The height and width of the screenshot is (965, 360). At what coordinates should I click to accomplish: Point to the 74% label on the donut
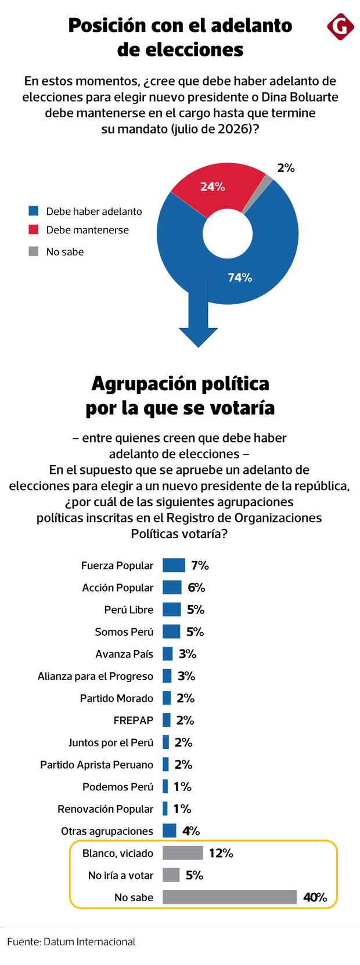(x=240, y=278)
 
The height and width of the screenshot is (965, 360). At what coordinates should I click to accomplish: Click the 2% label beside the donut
(x=286, y=168)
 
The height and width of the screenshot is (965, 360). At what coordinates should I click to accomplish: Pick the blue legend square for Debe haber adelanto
(x=34, y=211)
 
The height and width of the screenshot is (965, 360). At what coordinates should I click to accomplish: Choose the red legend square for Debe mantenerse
(x=34, y=230)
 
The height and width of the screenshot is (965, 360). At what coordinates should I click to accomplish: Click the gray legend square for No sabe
(x=34, y=251)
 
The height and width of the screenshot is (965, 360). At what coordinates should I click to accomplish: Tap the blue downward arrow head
(x=198, y=337)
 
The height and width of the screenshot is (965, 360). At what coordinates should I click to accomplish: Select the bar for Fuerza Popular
(x=174, y=565)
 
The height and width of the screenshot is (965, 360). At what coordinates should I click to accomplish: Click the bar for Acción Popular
(x=172, y=587)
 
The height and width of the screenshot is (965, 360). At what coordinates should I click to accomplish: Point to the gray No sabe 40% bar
(x=229, y=897)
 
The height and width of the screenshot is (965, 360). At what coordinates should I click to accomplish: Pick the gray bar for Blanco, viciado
(x=182, y=853)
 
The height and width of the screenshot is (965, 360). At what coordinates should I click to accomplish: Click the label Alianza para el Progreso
(x=95, y=676)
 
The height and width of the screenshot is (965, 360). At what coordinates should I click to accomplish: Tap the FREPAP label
(x=134, y=720)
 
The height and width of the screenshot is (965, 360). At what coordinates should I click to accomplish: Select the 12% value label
(x=221, y=853)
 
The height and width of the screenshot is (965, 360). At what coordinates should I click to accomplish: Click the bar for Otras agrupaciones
(x=169, y=831)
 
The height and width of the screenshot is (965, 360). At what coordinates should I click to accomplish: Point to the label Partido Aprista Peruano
(x=96, y=765)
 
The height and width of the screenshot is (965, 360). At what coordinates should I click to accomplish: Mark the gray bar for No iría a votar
(x=171, y=875)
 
